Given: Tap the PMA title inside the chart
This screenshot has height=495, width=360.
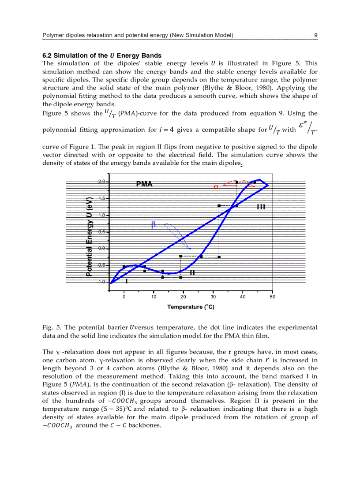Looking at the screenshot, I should (144, 184).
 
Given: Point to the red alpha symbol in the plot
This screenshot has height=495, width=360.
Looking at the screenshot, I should (216, 187).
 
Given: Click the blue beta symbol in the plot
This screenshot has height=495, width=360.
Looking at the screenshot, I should (154, 225).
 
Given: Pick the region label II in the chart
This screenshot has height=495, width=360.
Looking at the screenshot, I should (192, 273).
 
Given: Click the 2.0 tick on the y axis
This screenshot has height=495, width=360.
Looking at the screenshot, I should (101, 182).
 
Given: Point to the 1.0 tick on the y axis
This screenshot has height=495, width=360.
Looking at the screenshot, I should (101, 215).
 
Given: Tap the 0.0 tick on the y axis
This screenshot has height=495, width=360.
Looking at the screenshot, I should (101, 249).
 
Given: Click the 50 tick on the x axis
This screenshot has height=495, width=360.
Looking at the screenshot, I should (272, 297).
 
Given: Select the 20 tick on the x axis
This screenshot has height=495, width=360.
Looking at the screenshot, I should (183, 297).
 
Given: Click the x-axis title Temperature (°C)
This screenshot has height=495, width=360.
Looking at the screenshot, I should (191, 307).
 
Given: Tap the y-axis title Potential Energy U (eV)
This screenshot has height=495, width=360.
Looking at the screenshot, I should (90, 236).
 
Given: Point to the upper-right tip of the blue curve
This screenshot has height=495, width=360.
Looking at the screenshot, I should (268, 185).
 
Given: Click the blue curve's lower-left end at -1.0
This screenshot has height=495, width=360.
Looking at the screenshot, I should (110, 283).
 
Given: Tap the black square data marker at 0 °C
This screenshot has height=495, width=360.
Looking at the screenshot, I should (124, 267).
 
